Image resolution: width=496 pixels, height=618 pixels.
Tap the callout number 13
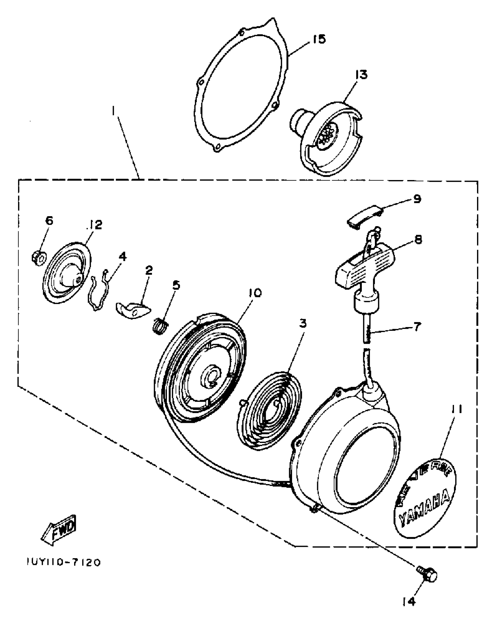point(361,75)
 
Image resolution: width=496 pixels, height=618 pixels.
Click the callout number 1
point(114,111)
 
